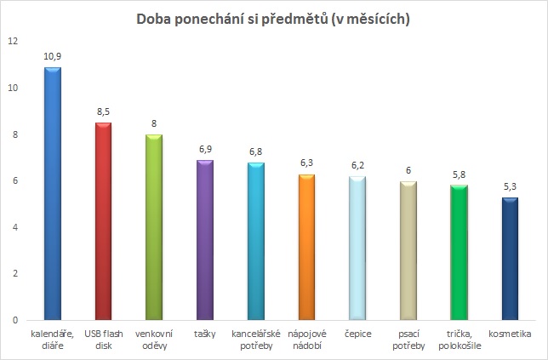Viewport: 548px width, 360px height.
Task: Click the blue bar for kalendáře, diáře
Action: pos(52,194)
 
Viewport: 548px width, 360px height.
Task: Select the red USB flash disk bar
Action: pos(103,221)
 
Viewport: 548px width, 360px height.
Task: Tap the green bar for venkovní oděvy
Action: pos(154,227)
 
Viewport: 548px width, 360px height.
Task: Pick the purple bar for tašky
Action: pos(205,240)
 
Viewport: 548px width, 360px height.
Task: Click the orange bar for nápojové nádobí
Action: pos(307,247)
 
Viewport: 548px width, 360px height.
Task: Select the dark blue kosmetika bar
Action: pos(511,259)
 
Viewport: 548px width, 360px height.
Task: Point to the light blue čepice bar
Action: pos(357,248)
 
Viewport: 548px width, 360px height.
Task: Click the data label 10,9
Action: pos(53,56)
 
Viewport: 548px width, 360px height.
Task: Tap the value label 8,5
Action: pos(103,111)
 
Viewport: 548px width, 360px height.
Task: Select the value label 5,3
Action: pos(511,186)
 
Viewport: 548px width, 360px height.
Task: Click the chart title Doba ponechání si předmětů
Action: pos(274,20)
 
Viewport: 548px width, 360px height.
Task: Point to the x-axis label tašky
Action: pos(205,334)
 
